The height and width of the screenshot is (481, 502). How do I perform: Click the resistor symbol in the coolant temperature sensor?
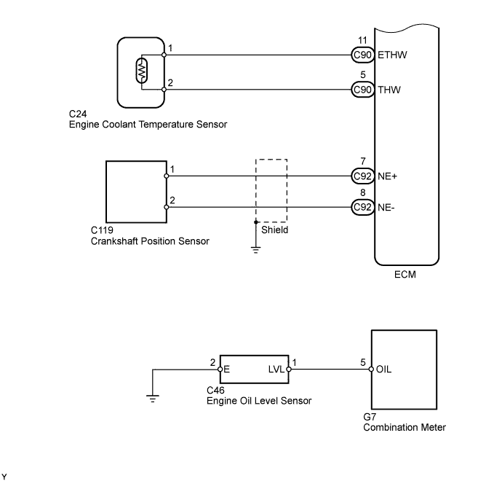[x=142, y=71]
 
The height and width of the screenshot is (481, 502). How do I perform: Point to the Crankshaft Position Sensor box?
[x=136, y=191]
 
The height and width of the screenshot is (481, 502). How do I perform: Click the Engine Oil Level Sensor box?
[x=254, y=369]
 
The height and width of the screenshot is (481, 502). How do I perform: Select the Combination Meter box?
[x=404, y=369]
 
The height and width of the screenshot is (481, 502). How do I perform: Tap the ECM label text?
[x=405, y=277]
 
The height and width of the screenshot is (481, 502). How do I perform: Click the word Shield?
[x=275, y=230]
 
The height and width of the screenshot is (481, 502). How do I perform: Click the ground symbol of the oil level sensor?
[x=152, y=397]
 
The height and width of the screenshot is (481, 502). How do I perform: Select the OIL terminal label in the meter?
[x=385, y=369]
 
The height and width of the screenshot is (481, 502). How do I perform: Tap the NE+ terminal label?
[x=387, y=176]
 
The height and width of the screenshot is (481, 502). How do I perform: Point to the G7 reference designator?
[x=370, y=418]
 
